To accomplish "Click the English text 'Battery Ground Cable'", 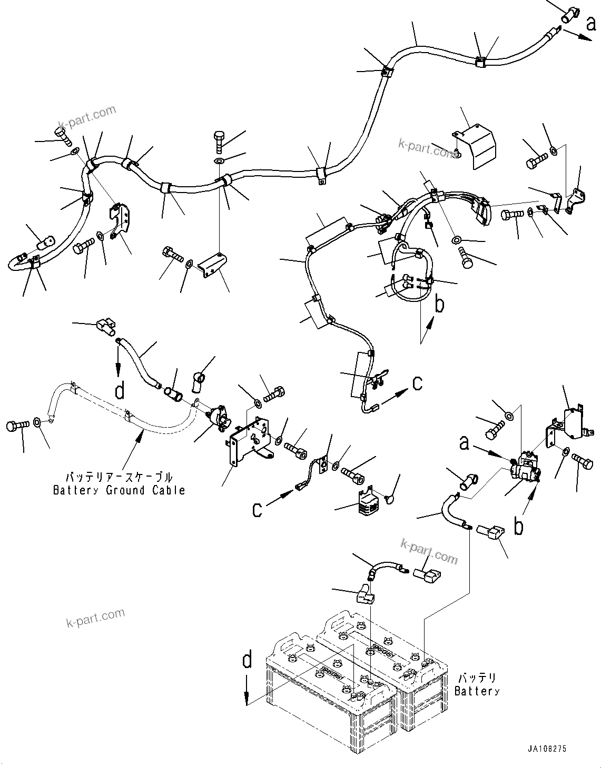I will [119, 490].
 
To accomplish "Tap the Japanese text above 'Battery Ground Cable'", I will [119, 478].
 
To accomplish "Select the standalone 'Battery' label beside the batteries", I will [477, 691].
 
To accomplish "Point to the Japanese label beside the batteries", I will [477, 678].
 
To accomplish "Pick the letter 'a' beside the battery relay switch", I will [464, 443].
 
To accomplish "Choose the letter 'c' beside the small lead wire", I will [257, 509].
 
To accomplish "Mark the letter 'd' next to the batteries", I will [247, 660].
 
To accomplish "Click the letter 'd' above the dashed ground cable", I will [120, 390].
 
